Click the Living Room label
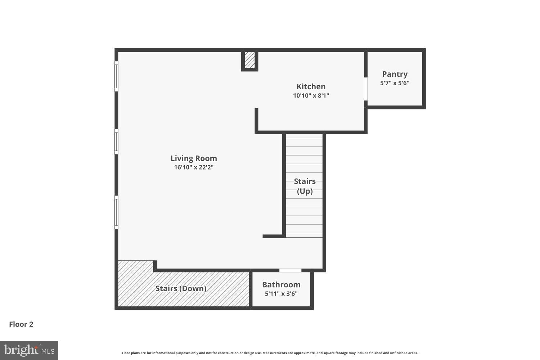coord(194,158)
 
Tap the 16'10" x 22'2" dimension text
coord(194,167)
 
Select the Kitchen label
coord(311,87)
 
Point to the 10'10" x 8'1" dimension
coord(311,96)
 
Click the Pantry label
coord(395,74)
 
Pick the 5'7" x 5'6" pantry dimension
coord(395,83)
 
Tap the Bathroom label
coord(281,285)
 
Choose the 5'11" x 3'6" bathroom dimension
coord(281,294)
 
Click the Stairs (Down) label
coord(181,288)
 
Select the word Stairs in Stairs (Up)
coord(305,181)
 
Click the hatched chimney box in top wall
coord(249,60)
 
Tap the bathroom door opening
coord(290,270)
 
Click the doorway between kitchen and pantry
coord(365,89)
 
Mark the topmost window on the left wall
coord(116,76)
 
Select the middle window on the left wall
coord(116,141)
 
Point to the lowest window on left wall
coord(116,212)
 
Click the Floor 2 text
coord(21,324)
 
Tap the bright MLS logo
coord(29,350)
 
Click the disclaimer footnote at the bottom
coord(270,353)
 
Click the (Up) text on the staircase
coord(305,191)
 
